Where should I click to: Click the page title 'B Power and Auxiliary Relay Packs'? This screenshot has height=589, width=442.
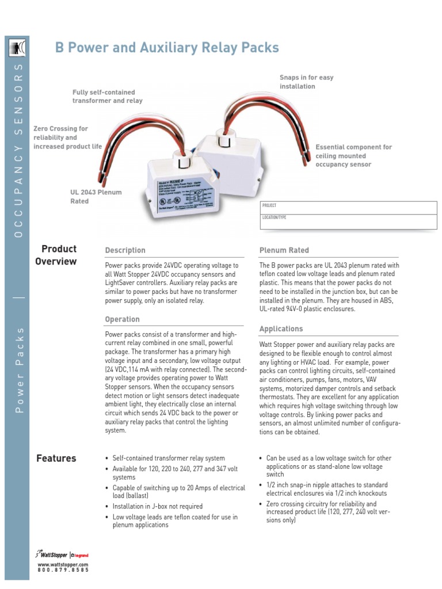[167, 48]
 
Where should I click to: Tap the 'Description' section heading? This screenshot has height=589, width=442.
[125, 250]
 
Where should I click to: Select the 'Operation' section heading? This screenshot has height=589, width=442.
[122, 319]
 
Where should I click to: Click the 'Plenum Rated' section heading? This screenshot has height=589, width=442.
[284, 250]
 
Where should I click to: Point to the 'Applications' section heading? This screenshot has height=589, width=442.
[281, 329]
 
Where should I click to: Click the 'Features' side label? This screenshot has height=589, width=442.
[56, 458]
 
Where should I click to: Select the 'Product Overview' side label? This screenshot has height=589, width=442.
[56, 255]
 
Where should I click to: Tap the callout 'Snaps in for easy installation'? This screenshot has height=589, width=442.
[306, 82]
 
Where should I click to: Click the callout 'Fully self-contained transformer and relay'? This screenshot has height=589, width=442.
[107, 96]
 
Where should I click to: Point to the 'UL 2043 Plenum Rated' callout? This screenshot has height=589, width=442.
[96, 197]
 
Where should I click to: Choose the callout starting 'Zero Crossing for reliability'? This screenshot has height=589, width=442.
[67, 137]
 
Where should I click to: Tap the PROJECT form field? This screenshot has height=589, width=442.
[349, 208]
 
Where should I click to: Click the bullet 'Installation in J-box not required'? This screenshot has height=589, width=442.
[157, 506]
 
